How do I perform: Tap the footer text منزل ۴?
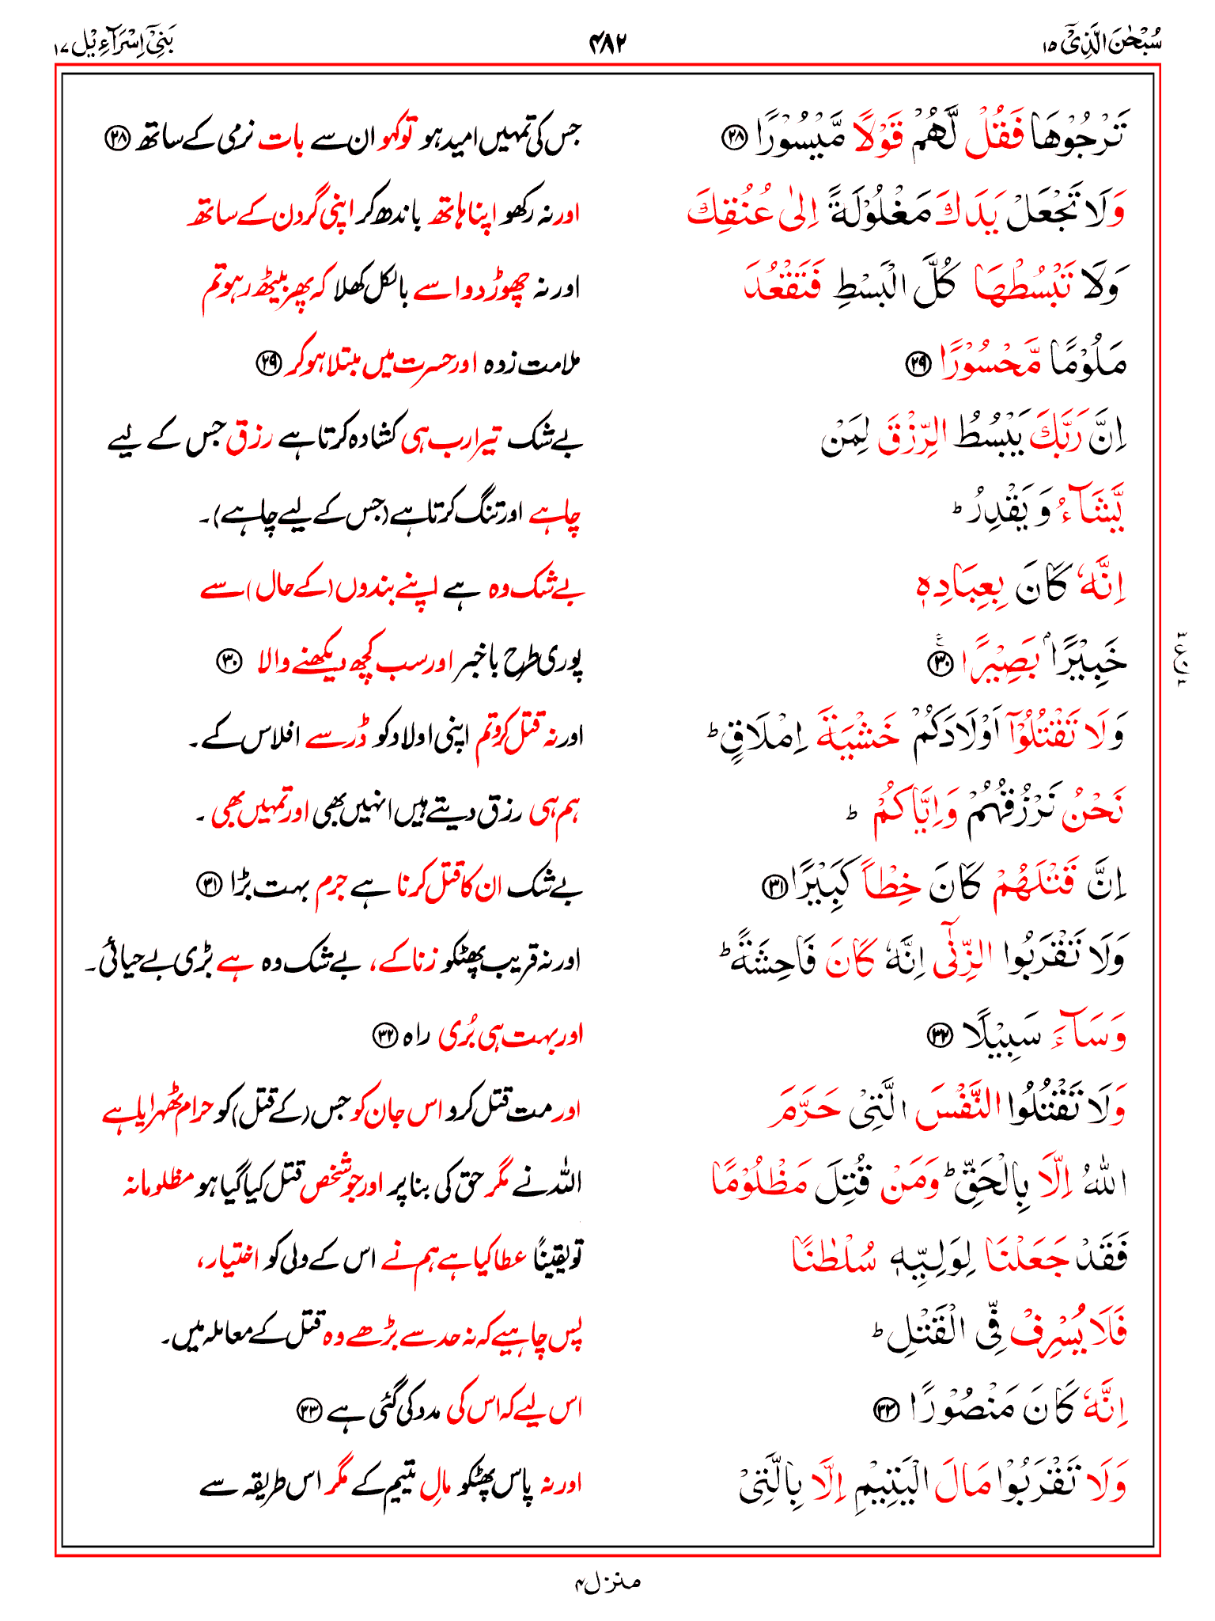[607, 1582]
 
